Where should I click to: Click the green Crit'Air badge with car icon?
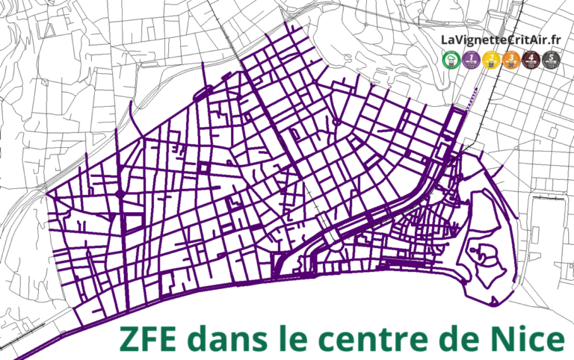pyautogui.click(x=451, y=59)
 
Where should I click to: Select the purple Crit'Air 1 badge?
pyautogui.click(x=472, y=59)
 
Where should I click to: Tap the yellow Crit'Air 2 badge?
pyautogui.click(x=492, y=59)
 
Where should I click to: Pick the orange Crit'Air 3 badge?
pyautogui.click(x=512, y=59)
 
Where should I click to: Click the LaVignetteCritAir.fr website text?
pyautogui.click(x=501, y=40)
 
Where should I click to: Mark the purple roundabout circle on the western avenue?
pyautogui.click(x=120, y=194)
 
